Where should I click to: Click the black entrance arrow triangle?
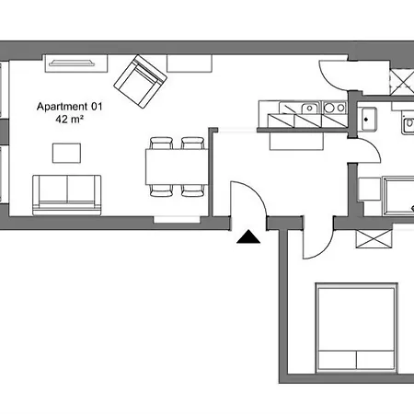(x=248, y=237)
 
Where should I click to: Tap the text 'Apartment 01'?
(x=70, y=107)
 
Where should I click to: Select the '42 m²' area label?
(x=69, y=119)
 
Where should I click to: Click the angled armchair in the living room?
(x=140, y=81)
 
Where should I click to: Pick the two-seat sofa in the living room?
(x=67, y=195)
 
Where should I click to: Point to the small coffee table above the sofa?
(x=66, y=153)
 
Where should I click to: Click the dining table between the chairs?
(x=177, y=167)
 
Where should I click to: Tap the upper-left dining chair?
(x=161, y=143)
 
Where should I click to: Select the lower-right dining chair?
(x=192, y=190)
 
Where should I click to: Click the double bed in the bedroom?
(x=357, y=328)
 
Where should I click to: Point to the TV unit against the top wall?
(x=76, y=63)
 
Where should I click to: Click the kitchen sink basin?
(x=310, y=108)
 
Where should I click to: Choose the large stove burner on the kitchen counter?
(x=329, y=108)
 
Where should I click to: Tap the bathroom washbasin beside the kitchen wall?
(x=368, y=119)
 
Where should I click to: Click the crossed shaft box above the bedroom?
(x=374, y=238)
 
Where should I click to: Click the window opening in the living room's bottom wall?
(x=177, y=220)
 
